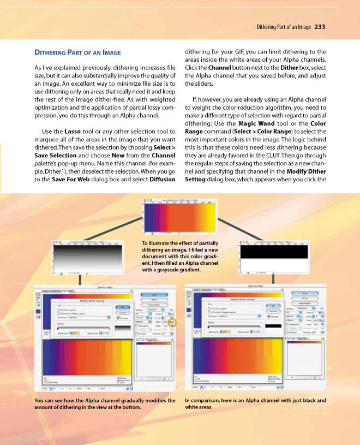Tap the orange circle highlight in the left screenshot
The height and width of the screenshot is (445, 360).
pos(173,323)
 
